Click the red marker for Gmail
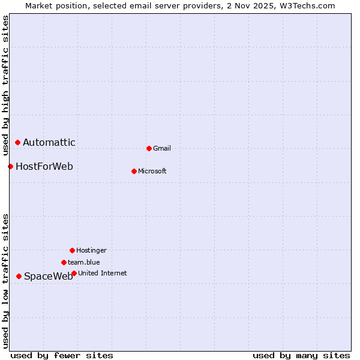point(149,148)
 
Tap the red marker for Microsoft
point(134,171)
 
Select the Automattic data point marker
point(17,142)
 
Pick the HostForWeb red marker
point(10,166)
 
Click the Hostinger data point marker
point(72,250)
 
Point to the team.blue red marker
point(64,262)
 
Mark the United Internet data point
point(74,273)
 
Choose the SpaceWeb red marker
point(19,276)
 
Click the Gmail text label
point(162,148)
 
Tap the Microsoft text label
point(152,171)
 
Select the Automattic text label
point(49,142)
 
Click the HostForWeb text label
point(44,166)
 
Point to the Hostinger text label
point(91,250)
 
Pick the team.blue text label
point(84,262)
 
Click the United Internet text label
point(103,273)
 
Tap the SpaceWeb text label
point(49,276)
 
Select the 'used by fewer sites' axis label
point(62,355)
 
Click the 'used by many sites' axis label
point(301,355)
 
